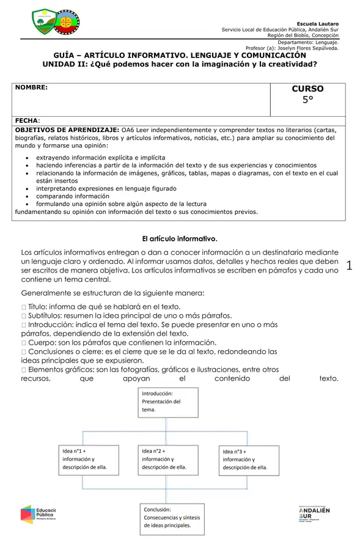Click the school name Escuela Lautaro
point(321,23)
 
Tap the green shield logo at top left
point(43,22)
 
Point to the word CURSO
point(307,89)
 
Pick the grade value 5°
point(307,101)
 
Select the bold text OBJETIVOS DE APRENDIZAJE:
point(67,130)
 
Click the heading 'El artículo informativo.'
point(180,238)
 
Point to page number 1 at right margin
point(350,265)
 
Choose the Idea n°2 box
point(166,459)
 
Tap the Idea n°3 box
point(247,459)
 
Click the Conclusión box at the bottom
point(169,516)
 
